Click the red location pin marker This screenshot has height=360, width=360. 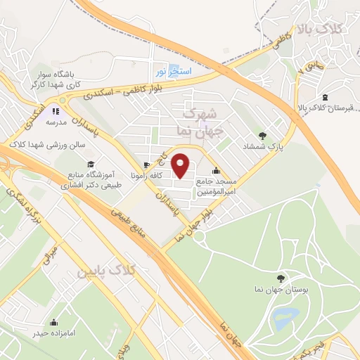coord(181,166)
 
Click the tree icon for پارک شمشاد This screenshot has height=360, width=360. coord(263,135)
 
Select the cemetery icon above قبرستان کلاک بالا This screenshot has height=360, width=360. coord(324,97)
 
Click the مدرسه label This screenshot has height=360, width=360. coord(56,122)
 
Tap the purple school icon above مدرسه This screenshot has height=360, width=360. coord(56,111)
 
